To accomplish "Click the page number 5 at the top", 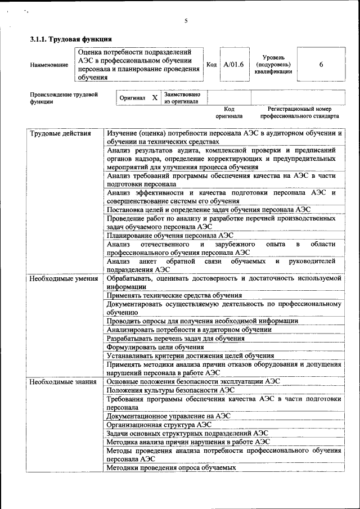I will tap(186, 21).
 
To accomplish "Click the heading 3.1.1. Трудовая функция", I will tap(71, 39).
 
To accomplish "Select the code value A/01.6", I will tap(233, 65).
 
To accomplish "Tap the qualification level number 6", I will tap(321, 65).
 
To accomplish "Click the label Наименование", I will tap(49, 65).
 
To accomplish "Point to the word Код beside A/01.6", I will tap(211, 65).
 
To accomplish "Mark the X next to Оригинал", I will tap(155, 98).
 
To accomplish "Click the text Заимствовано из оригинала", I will tap(181, 98).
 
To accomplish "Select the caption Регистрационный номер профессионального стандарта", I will tap(299, 112).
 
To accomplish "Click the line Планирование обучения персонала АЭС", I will tap(170, 235).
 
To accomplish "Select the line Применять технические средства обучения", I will tap(174, 295).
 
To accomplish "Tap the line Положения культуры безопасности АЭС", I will tap(170, 390).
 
